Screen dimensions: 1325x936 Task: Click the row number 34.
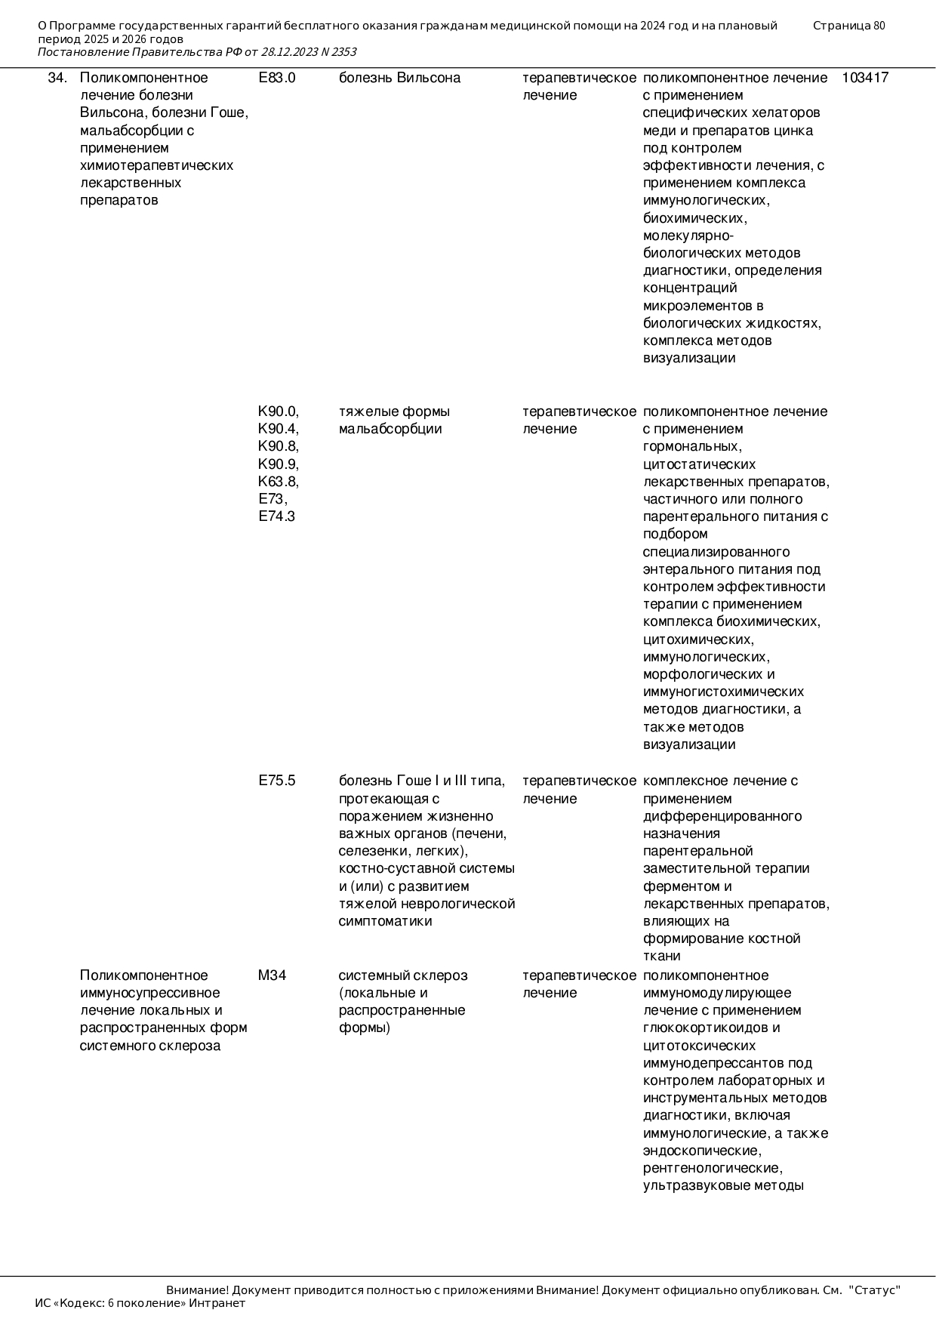pyautogui.click(x=57, y=78)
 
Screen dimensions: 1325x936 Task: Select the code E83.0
pyautogui.click(x=276, y=78)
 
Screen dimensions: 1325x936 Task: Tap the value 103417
pyautogui.click(x=865, y=78)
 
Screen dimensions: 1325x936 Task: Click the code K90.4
pyautogui.click(x=278, y=429)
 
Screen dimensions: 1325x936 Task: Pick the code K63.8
pyautogui.click(x=278, y=482)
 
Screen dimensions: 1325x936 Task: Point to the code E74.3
pyautogui.click(x=276, y=516)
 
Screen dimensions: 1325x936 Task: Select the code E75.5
pyautogui.click(x=276, y=781)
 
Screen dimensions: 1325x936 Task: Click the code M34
pyautogui.click(x=272, y=975)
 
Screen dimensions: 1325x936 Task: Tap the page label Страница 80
pyautogui.click(x=848, y=26)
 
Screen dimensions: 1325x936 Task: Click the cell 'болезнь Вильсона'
pyautogui.click(x=399, y=78)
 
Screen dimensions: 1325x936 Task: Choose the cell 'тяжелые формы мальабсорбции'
pyautogui.click(x=394, y=421)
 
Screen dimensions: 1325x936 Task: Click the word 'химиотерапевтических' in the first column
pyautogui.click(x=156, y=165)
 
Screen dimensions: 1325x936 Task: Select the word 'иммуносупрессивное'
pyautogui.click(x=149, y=993)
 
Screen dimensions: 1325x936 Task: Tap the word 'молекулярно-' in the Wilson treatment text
pyautogui.click(x=682, y=236)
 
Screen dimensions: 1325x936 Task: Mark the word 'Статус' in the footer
pyautogui.click(x=875, y=1290)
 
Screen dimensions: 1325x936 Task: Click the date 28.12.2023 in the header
pyautogui.click(x=289, y=52)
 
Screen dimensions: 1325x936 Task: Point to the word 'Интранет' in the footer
pyautogui.click(x=217, y=1303)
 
